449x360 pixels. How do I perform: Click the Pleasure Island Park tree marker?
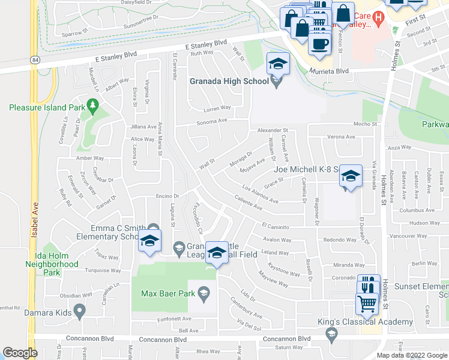coord(92,107)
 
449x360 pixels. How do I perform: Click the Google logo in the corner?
coord(20,353)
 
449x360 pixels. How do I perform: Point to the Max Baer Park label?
coord(169,293)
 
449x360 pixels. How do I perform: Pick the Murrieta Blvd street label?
coord(329,71)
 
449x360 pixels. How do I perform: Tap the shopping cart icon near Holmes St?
coord(367,302)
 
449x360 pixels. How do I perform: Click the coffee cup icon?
coord(319,44)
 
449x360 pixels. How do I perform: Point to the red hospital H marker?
coord(378,19)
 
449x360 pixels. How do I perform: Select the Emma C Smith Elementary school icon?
coord(149,242)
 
